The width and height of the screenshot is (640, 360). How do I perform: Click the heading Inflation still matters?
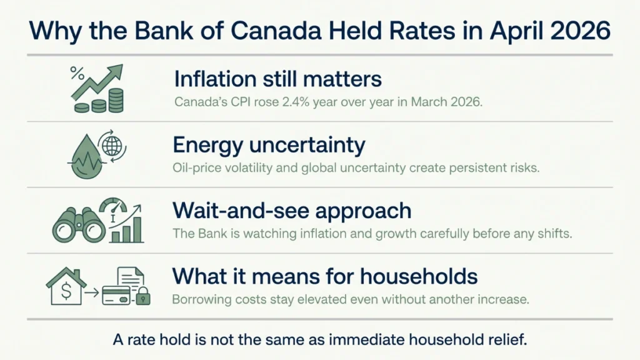277,79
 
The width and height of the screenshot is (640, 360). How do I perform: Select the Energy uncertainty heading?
269,145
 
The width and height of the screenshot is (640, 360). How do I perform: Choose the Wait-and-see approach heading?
292,211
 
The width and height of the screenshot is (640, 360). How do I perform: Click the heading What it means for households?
325,276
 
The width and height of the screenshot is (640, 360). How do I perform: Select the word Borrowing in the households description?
199,299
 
